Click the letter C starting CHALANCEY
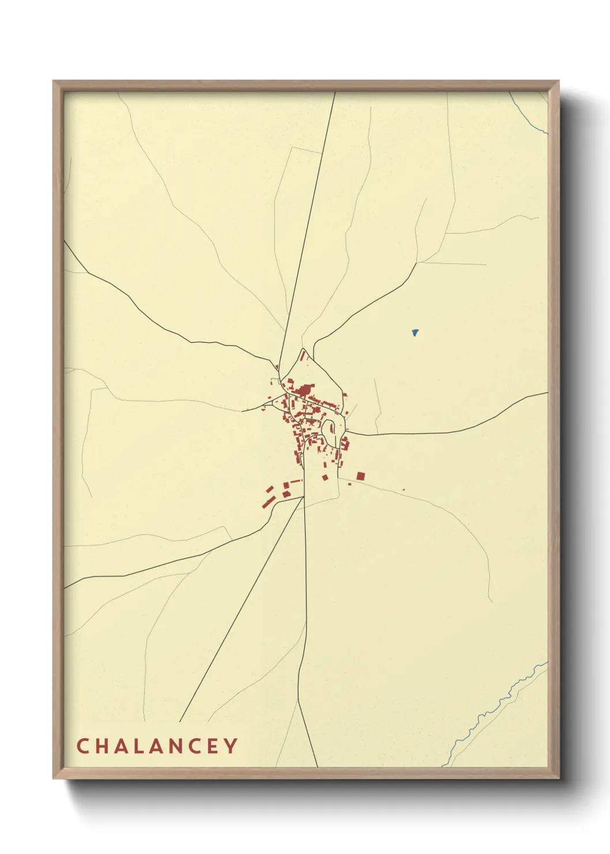tap(82, 746)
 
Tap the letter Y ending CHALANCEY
tap(231, 746)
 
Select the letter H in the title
tap(101, 746)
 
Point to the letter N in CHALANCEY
tap(176, 746)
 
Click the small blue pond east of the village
tap(415, 332)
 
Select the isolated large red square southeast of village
tap(361, 476)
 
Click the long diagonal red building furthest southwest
tap(268, 503)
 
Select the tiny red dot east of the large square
tap(404, 490)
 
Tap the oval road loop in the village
tap(330, 433)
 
